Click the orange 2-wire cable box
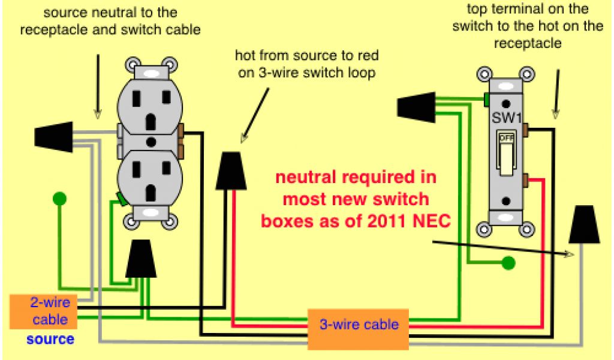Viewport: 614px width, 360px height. pyautogui.click(x=43, y=311)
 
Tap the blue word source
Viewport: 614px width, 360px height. pyautogui.click(x=50, y=340)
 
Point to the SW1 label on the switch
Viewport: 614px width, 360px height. pyautogui.click(x=505, y=116)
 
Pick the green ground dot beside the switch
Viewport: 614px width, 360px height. pyautogui.click(x=508, y=262)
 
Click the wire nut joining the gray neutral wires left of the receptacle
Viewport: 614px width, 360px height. pyautogui.click(x=55, y=136)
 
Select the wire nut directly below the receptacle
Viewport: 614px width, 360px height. pyautogui.click(x=140, y=259)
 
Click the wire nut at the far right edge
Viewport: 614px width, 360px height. pyautogui.click(x=584, y=224)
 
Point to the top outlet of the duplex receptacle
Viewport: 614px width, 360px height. pyautogui.click(x=150, y=107)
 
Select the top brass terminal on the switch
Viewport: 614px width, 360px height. pyautogui.click(x=525, y=128)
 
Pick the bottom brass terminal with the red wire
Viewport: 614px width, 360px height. pyautogui.click(x=525, y=179)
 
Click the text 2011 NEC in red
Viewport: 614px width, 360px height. pyautogui.click(x=408, y=221)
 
